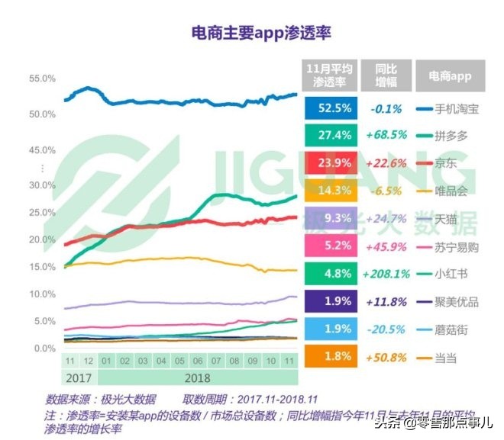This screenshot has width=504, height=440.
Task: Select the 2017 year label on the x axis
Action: (79, 376)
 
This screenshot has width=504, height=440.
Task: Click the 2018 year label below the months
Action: (196, 376)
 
